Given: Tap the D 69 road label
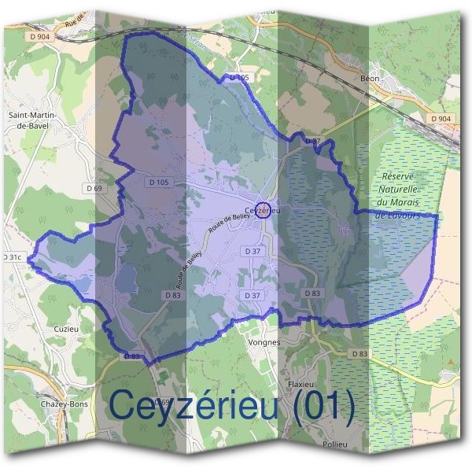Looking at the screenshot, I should coord(93,189).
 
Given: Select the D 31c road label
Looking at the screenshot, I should coord(11,257).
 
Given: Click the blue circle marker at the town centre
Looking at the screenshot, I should coord(264,210).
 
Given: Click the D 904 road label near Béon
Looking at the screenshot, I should coord(441,118).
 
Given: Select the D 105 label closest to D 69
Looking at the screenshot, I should coord(159,183).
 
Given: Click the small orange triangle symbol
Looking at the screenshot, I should coord(450,361).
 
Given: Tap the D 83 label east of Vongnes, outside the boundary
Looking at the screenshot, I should coord(359,354).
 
